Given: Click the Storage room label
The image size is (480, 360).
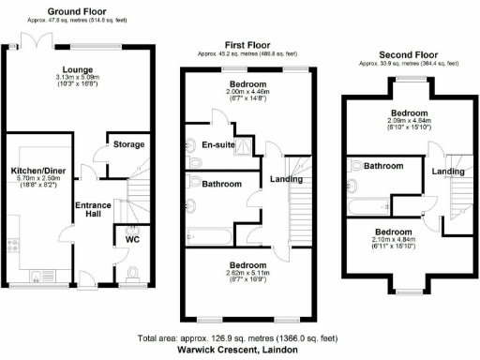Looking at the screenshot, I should tap(128, 145).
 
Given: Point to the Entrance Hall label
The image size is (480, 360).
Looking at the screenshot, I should tap(94, 208).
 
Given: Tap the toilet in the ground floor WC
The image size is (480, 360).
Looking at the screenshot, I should tap(133, 273).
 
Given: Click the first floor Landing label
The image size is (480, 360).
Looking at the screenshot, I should tap(285, 180).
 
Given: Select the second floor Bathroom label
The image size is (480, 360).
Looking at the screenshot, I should tap(383, 166).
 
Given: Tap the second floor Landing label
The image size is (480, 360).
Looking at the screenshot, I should tap(447, 171).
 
